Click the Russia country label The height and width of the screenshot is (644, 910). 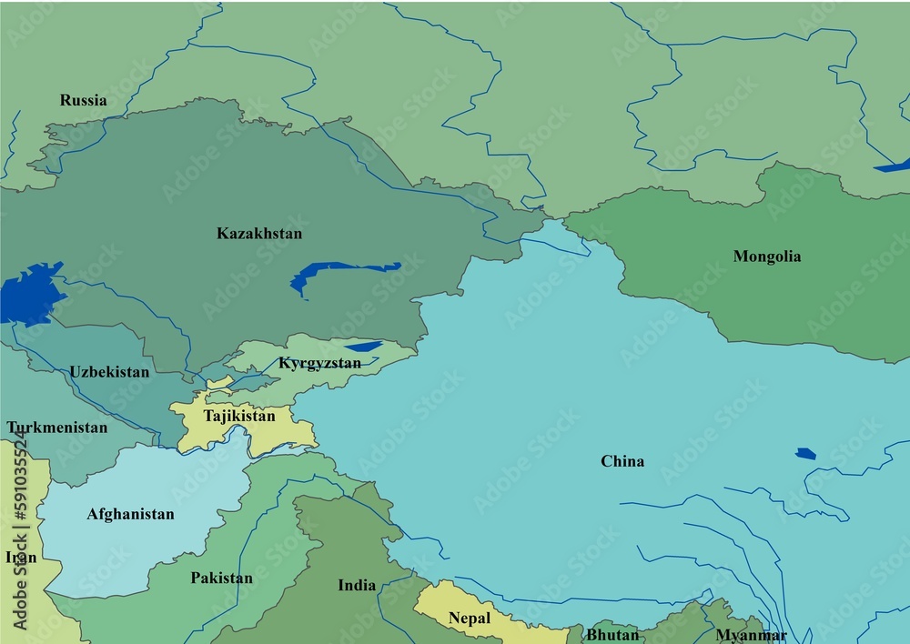click(x=83, y=100)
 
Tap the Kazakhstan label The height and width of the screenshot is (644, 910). click(x=259, y=234)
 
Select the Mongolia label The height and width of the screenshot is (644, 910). click(x=767, y=257)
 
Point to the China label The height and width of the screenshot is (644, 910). click(x=622, y=461)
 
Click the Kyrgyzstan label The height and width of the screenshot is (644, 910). click(x=319, y=363)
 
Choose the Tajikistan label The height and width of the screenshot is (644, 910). click(x=238, y=416)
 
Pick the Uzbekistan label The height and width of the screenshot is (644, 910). click(x=109, y=372)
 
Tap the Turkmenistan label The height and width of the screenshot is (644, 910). click(x=56, y=427)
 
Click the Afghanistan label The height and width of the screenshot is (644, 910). click(x=130, y=514)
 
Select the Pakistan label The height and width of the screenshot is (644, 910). click(x=221, y=578)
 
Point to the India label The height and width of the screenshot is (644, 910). click(x=357, y=585)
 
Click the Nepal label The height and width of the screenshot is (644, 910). click(x=469, y=619)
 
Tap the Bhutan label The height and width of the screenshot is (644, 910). click(x=612, y=634)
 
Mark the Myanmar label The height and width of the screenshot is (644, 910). click(x=751, y=635)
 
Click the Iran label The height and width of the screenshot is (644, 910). click(x=20, y=557)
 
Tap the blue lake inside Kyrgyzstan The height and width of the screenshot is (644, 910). click(x=363, y=346)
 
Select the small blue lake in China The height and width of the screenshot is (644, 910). click(x=805, y=453)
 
